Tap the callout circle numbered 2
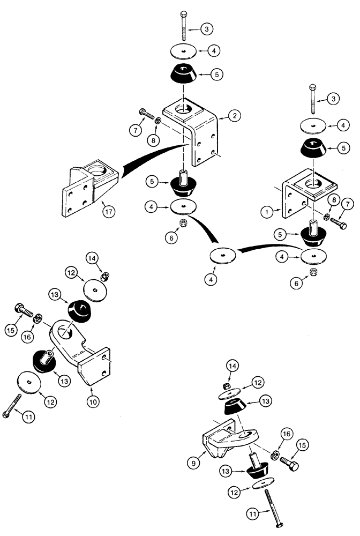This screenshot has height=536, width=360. tap(234, 115)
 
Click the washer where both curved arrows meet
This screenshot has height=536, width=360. tap(223, 255)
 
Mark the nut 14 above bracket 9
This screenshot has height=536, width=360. tap(227, 386)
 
